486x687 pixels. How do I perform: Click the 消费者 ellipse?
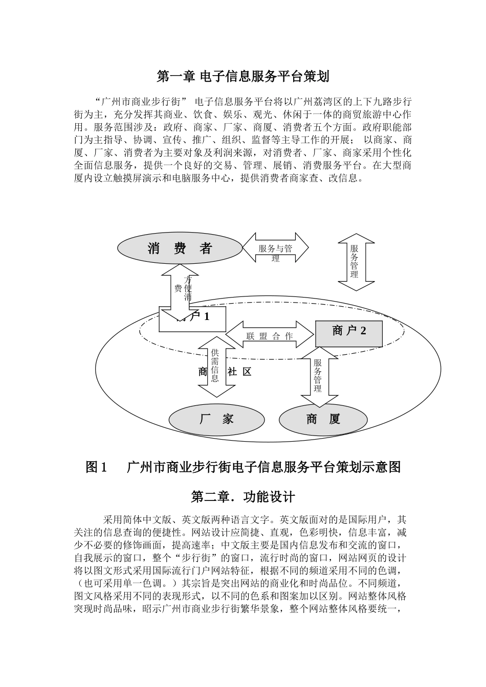coord(180,249)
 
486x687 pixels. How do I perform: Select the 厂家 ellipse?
coord(216,420)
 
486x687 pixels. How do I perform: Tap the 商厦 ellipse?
coord(323,420)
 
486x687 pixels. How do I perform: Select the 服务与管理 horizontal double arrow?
coord(275,248)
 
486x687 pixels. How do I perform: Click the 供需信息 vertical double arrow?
coord(215,367)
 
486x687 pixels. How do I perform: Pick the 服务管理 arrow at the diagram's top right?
coord(356,261)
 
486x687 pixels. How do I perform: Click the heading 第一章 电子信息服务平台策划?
coord(242,77)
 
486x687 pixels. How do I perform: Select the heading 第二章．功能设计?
coord(242,496)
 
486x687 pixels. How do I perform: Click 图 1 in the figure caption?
coord(96,467)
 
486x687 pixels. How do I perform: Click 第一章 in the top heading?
coord(175,77)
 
